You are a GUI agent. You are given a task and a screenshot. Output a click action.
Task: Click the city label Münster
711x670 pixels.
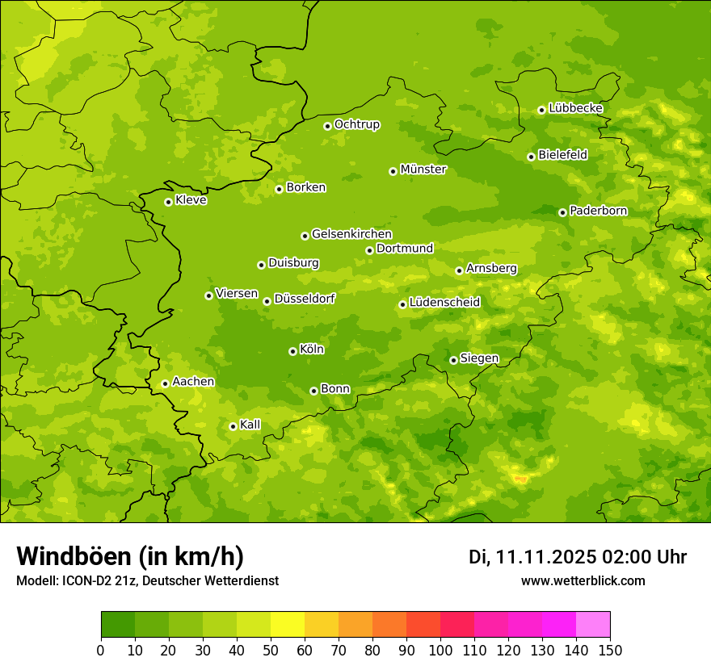point(423,170)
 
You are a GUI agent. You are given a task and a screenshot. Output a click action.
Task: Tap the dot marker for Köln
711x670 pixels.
point(292,351)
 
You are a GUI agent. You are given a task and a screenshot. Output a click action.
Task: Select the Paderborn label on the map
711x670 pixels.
point(599,211)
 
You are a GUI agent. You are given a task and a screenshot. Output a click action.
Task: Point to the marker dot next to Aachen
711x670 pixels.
point(165,383)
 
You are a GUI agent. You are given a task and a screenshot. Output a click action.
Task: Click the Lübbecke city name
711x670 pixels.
point(576,108)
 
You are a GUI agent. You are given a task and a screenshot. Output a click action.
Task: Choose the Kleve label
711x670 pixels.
point(191,200)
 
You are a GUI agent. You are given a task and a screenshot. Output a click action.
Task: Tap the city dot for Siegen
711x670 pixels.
point(453,360)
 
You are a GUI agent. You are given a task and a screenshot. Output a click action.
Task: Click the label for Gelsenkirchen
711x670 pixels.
point(351,234)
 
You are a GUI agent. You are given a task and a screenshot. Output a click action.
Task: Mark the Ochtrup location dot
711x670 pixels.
point(327,125)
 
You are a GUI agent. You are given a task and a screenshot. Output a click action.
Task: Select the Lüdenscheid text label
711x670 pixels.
point(445,303)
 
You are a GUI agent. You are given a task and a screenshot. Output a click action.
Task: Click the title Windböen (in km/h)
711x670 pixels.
point(130,556)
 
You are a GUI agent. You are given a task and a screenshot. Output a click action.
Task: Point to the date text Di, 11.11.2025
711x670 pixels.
point(532,557)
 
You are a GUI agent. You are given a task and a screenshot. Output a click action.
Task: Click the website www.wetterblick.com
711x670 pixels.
point(583,580)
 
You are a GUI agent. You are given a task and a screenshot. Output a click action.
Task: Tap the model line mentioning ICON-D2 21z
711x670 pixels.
point(147,580)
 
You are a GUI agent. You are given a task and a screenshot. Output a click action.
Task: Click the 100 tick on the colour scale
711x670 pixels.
point(440,650)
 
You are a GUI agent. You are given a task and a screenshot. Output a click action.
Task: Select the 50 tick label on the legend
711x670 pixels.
point(271,650)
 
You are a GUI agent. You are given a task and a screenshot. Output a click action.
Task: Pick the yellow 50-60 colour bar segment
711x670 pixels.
point(288,625)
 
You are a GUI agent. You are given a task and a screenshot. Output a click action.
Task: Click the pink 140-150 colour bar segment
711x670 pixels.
point(593,625)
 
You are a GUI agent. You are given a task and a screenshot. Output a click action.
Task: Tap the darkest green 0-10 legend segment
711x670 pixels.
point(118,625)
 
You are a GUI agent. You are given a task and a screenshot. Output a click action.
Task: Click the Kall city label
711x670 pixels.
point(250,425)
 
